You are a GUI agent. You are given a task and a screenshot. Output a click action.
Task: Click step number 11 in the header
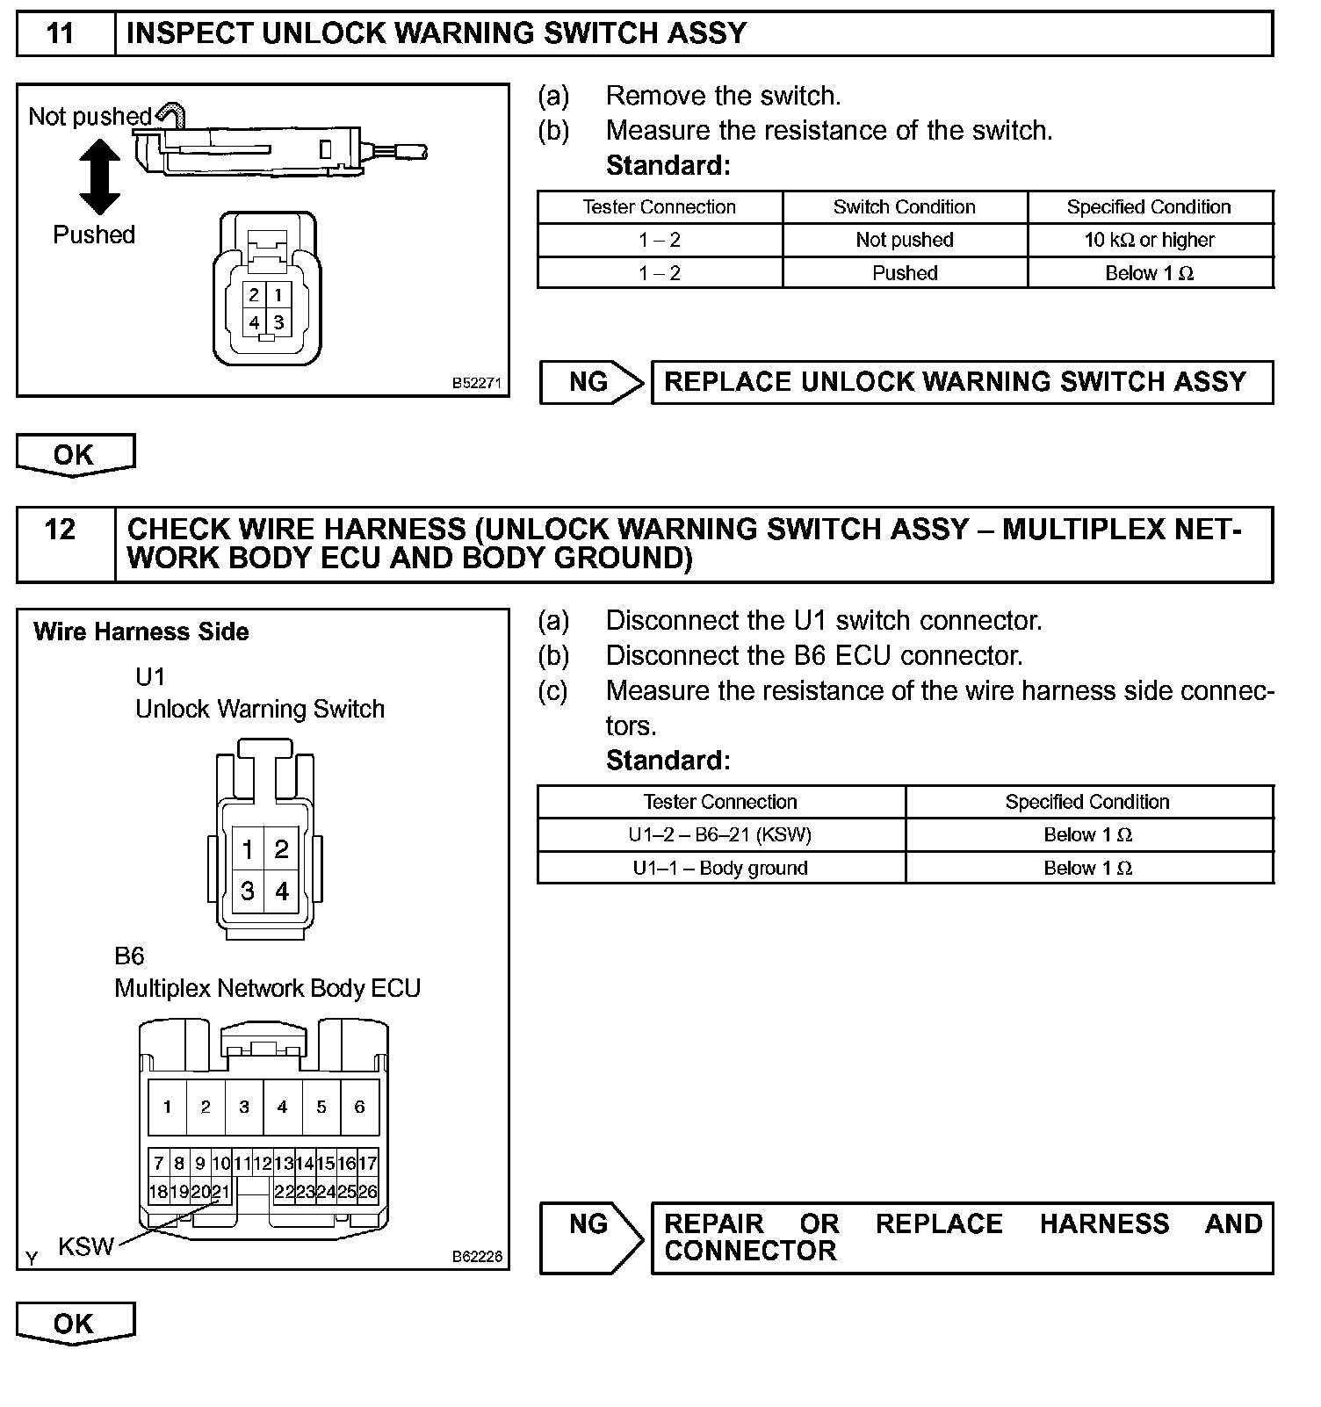[60, 33]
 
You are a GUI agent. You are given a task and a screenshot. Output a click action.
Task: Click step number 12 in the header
[60, 530]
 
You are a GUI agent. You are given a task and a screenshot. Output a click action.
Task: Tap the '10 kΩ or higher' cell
[1149, 240]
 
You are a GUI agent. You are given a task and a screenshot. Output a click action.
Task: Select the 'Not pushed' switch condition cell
[904, 240]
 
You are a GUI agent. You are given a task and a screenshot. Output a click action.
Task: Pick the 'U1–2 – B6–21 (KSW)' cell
[719, 834]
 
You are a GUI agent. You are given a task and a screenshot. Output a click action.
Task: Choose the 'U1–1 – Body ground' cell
[719, 868]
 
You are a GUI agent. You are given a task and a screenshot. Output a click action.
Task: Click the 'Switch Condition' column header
[904, 207]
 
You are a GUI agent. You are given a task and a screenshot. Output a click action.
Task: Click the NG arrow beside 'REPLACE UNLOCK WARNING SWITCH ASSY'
[591, 382]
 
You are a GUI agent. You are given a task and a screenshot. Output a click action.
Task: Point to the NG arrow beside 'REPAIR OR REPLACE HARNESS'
[591, 1237]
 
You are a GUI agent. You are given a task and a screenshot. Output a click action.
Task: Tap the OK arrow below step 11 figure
[75, 455]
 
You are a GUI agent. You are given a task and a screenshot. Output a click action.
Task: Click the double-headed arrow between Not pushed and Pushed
[99, 178]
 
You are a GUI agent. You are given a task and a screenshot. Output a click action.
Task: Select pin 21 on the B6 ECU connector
[220, 1192]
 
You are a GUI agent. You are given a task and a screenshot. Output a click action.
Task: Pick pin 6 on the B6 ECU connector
[359, 1107]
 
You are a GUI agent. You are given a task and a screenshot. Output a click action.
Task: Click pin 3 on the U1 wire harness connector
[248, 891]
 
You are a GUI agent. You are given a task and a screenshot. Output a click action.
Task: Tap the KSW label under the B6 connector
[85, 1245]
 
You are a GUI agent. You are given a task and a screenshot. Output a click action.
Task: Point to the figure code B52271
[476, 383]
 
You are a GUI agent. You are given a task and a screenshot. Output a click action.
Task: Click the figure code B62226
[476, 1256]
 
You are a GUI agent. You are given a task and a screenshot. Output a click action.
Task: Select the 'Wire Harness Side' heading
[141, 631]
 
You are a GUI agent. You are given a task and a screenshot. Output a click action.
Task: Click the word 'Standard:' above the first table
[668, 165]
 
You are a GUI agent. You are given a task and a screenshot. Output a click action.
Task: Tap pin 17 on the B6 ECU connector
[368, 1164]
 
